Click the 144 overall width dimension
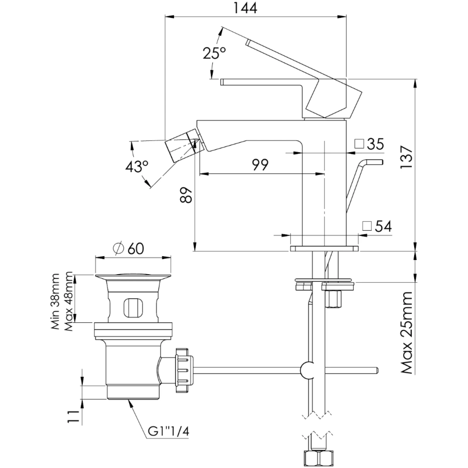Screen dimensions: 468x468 click(245, 8)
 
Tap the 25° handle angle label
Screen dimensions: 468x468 click(214, 53)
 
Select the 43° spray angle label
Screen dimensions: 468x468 click(137, 167)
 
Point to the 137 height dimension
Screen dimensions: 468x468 click(406, 157)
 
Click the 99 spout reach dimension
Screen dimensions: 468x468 click(260, 165)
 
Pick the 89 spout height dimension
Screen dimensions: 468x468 click(186, 195)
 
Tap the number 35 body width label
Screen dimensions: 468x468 click(375, 144)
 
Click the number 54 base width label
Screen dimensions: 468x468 click(383, 226)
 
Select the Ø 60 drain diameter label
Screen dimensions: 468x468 click(129, 248)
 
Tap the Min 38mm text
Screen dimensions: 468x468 click(55, 301)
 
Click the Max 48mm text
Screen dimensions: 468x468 click(68, 301)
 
